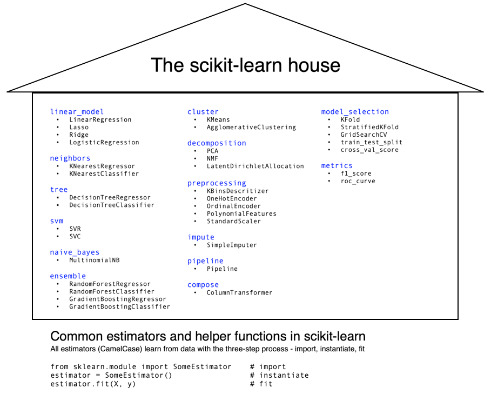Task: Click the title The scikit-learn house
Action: point(245,65)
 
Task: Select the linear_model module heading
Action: point(77,112)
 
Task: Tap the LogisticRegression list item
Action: point(104,143)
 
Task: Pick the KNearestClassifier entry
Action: point(104,174)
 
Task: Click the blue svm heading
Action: point(57,221)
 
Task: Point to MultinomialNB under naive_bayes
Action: point(94,260)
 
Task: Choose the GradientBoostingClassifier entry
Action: point(119,307)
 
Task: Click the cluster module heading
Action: point(203,112)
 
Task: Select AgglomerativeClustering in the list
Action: point(251,128)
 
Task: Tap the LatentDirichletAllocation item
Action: point(255,166)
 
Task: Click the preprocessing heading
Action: point(217,183)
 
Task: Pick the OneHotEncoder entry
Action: point(232,198)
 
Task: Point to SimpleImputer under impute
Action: point(232,245)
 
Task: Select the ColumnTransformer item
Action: point(239,293)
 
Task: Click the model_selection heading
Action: point(355,112)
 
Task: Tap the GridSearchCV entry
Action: point(364,135)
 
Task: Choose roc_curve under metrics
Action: point(358,182)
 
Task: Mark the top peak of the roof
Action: point(245,4)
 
